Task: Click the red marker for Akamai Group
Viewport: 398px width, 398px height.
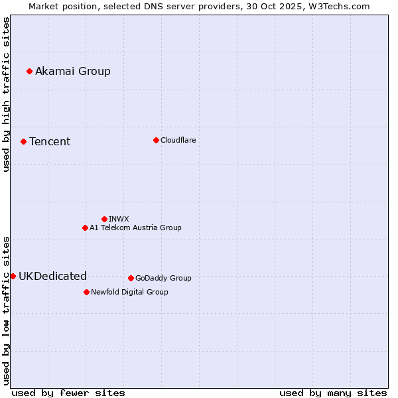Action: tap(30, 71)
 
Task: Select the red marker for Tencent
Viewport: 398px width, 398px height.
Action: tap(23, 141)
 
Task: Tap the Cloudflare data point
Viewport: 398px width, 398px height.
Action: tap(156, 140)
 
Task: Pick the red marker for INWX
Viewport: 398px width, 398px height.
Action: tap(104, 219)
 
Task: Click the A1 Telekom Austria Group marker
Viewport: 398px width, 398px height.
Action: tap(85, 228)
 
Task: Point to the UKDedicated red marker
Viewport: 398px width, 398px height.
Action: tap(13, 276)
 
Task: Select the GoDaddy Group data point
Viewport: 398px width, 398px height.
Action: tap(131, 278)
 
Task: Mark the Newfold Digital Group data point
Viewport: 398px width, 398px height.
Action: tap(86, 292)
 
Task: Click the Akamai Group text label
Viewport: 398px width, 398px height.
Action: tap(73, 71)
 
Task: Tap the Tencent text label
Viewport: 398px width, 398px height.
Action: tap(50, 141)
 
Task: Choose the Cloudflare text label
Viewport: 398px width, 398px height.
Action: tap(178, 140)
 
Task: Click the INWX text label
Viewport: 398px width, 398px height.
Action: tap(119, 219)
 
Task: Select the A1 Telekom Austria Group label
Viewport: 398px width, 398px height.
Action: tap(135, 228)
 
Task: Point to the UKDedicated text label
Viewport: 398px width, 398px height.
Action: tap(52, 276)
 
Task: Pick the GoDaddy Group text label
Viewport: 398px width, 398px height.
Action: tap(163, 278)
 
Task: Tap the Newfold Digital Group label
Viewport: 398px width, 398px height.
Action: tap(129, 292)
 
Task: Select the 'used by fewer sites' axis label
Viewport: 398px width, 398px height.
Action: tap(68, 393)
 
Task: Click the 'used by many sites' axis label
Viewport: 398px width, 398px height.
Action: tap(333, 393)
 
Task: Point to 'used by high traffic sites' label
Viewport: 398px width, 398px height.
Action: tap(6, 94)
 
